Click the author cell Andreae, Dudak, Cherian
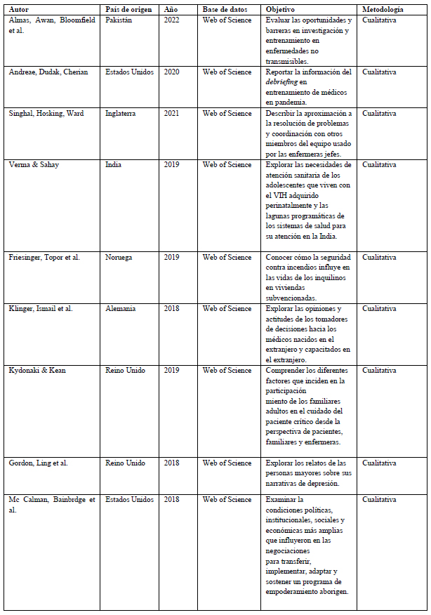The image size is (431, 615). tap(48, 72)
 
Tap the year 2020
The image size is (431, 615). tap(172, 72)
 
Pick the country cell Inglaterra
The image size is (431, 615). tap(121, 114)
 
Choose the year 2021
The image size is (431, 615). tap(172, 114)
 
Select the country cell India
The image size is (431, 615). tap(113, 165)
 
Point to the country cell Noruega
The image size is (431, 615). tap(119, 258)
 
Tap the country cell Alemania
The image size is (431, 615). tap(121, 309)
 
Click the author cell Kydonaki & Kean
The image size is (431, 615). tap(37, 371)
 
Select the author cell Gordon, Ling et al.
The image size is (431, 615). tap(38, 463)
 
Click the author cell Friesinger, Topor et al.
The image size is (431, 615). tap(44, 258)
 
